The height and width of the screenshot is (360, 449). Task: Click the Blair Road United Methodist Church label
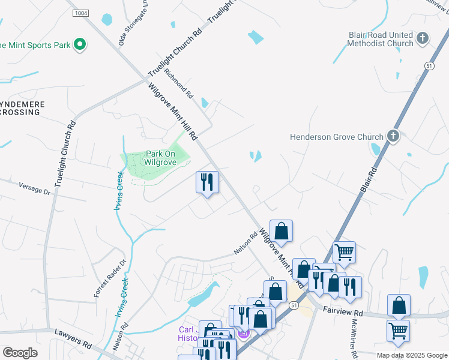click(381, 39)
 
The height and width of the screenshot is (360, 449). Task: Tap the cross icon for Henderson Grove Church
click(393, 136)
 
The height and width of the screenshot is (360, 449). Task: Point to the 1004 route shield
click(79, 13)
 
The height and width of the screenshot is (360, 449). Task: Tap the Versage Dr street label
click(34, 188)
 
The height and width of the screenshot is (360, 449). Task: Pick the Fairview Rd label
click(343, 313)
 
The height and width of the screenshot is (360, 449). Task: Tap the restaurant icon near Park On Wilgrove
click(207, 182)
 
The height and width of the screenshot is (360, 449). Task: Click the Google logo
click(20, 353)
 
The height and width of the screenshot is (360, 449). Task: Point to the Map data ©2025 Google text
click(412, 355)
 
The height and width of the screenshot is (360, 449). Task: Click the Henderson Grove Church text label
click(336, 137)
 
